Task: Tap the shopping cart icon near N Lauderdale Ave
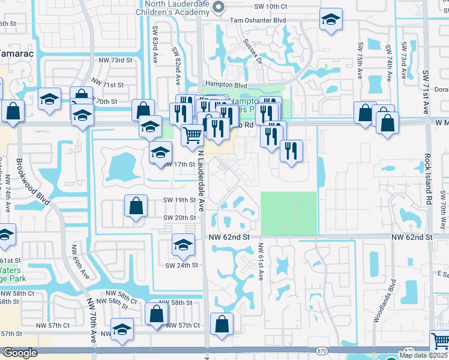192,134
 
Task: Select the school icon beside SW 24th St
183,244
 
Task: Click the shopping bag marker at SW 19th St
136,205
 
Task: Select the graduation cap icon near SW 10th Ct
330,20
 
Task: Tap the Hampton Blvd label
226,85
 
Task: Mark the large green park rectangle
288,212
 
